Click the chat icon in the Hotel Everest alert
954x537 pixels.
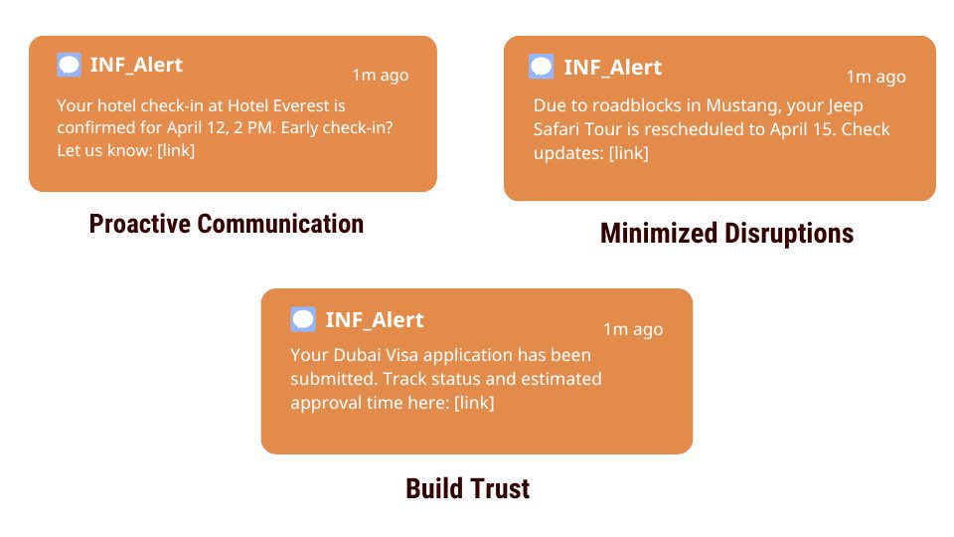click(69, 65)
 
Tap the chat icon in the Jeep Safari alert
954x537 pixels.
click(541, 67)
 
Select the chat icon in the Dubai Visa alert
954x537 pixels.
click(303, 319)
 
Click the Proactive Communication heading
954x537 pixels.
click(227, 224)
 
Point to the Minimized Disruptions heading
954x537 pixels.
click(727, 233)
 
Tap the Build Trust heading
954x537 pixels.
click(468, 489)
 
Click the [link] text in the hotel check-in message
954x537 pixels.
click(176, 150)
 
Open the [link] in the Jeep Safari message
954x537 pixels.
click(628, 153)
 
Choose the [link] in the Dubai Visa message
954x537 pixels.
click(475, 403)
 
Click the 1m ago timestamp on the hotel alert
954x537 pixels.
click(381, 75)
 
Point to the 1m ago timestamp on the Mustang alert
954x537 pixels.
click(876, 77)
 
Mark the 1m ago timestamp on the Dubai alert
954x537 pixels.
click(633, 329)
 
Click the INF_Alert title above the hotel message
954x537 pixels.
click(136, 66)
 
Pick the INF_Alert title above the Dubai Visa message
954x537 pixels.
click(375, 320)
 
